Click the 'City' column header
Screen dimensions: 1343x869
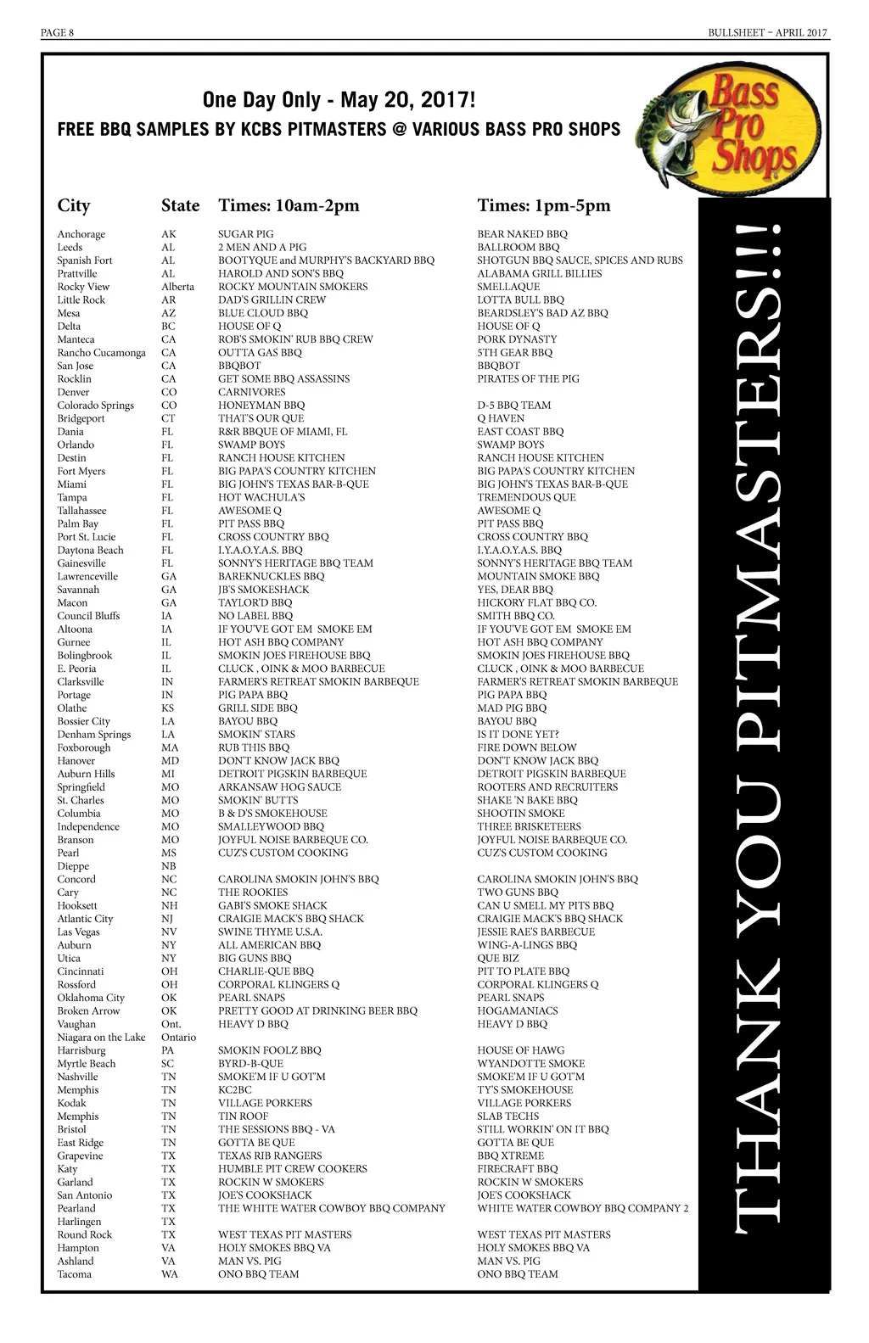(74, 205)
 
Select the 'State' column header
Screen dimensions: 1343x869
(180, 205)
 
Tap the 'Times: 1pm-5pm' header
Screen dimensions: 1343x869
(543, 205)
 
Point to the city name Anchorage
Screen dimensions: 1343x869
(81, 234)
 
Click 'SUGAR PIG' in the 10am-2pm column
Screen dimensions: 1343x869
(245, 234)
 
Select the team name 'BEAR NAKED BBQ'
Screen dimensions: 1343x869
(522, 234)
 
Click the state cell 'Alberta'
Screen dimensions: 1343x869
(177, 287)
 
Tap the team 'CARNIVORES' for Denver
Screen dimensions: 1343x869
(251, 392)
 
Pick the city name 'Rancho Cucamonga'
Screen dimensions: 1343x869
(101, 353)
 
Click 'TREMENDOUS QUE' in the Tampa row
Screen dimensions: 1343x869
(526, 497)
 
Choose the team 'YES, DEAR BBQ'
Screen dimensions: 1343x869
(515, 590)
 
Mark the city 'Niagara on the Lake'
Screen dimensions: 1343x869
(101, 1037)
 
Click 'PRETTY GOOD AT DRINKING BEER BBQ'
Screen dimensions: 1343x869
(317, 1010)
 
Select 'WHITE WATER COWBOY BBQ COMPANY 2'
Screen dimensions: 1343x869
(582, 1208)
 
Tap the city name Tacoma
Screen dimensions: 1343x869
(74, 1274)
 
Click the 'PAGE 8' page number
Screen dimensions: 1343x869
(57, 33)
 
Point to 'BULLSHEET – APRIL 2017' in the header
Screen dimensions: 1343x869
(768, 33)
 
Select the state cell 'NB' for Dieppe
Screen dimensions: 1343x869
(169, 866)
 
